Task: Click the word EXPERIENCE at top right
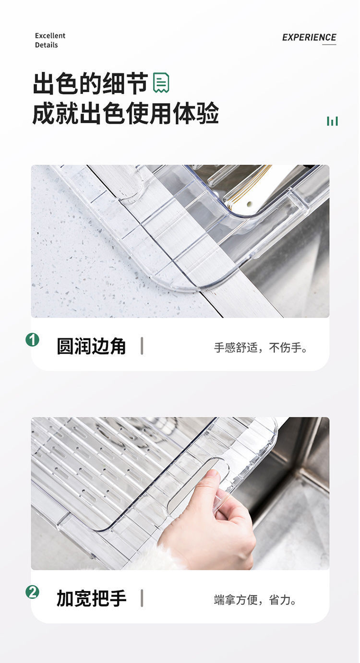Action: point(309,37)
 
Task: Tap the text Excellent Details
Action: point(50,40)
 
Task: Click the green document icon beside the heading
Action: point(161,83)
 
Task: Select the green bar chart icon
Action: point(332,121)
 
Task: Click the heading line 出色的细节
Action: point(90,84)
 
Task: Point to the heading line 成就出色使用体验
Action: point(125,114)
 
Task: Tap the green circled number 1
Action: point(32,340)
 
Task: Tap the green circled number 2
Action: point(32,592)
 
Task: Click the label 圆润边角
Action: point(91,346)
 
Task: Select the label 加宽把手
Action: point(91,598)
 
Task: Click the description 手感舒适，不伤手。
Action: point(261,348)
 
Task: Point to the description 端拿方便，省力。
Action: point(255,600)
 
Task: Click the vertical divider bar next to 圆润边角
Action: point(142,346)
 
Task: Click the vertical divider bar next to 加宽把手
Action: point(142,598)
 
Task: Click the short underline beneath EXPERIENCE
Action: point(329,45)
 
